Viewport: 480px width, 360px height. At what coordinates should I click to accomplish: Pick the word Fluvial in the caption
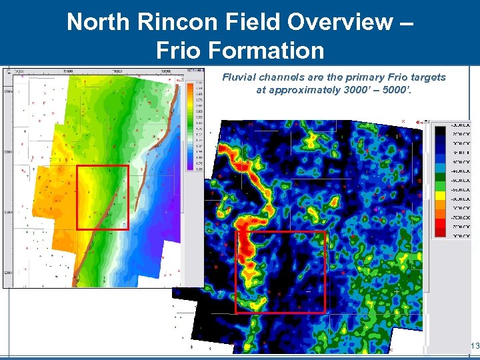pos(237,77)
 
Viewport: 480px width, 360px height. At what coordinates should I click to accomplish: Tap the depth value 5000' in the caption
pos(397,90)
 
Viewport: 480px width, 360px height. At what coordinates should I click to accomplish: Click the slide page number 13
pos(475,346)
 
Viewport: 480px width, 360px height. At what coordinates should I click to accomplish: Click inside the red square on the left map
pos(102,197)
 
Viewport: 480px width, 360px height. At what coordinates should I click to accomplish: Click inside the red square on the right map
pos(280,272)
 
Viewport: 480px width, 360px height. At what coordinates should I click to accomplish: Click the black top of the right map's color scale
pos(441,133)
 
